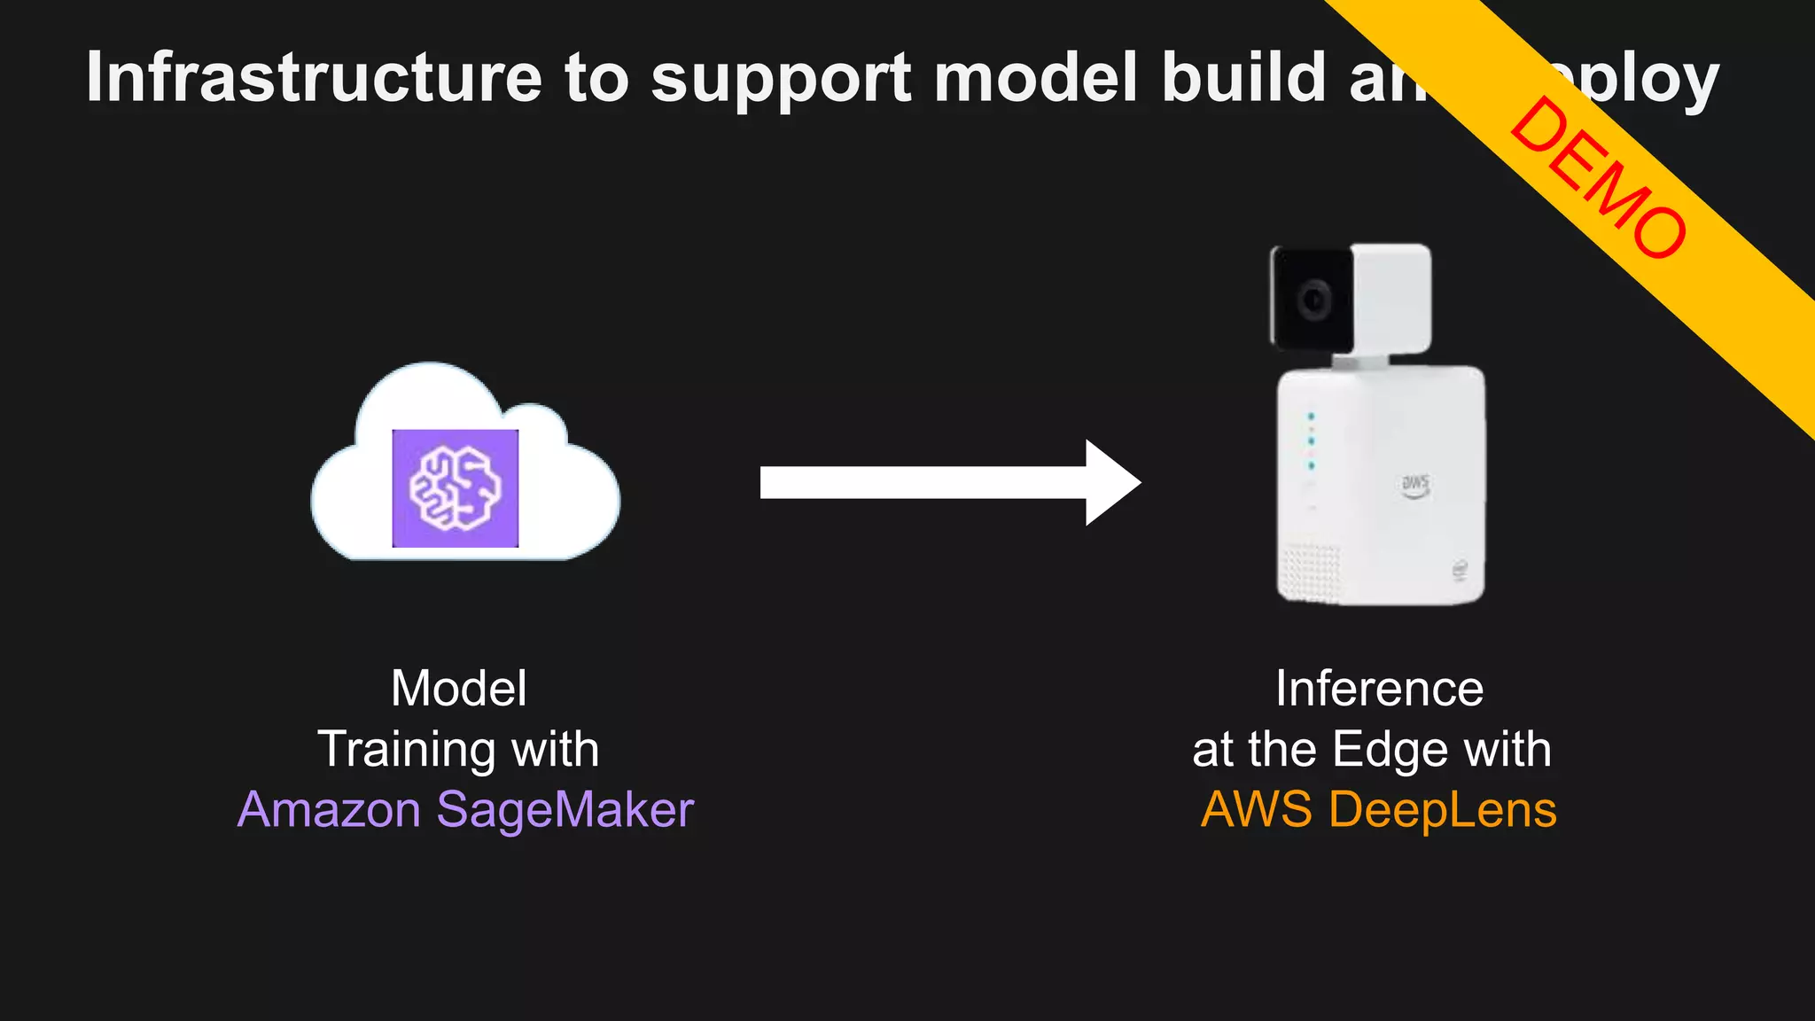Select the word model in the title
[1035, 78]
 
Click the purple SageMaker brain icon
[455, 488]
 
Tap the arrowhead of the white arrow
[1113, 482]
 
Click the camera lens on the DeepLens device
[1313, 301]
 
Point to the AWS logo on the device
[1414, 485]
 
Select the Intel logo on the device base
[1459, 569]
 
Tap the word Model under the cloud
[459, 689]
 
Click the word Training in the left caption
[402, 750]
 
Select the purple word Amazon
[329, 810]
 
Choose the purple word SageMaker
[565, 810]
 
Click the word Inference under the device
[1379, 689]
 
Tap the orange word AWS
[1256, 810]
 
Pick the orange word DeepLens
[1442, 810]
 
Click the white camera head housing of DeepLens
[1390, 297]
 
